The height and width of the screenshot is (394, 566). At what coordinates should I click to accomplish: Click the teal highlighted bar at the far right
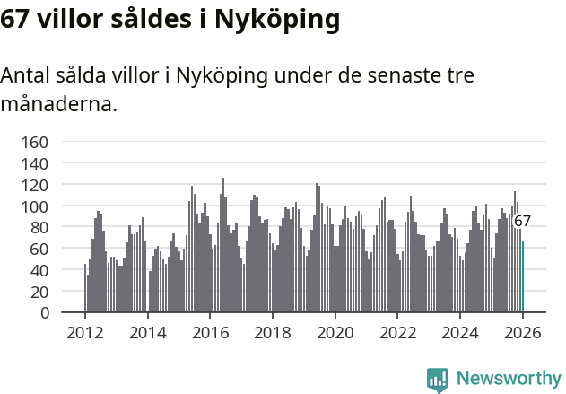523,276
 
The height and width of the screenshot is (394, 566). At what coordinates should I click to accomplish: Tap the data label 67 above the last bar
522,221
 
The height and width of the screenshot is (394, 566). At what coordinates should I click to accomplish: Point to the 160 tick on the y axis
34,142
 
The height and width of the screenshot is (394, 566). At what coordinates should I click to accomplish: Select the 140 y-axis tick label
34,163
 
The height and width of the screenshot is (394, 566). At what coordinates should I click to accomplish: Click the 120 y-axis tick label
34,185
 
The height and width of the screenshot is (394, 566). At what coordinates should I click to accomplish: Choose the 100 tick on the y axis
34,206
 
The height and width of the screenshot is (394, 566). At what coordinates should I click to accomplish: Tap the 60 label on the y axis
39,249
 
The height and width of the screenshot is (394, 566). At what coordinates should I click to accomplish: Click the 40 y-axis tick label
39,270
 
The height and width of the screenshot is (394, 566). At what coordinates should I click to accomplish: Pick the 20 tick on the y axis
39,292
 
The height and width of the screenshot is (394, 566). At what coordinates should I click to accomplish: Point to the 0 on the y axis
43,313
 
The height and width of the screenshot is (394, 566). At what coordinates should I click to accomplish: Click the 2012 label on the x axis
85,333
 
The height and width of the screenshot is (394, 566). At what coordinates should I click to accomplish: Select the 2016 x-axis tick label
210,333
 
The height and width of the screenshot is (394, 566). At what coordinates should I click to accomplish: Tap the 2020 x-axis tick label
335,333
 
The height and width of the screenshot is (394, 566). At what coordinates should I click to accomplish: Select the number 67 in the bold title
16,19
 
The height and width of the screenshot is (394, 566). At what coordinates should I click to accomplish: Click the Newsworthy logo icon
438,379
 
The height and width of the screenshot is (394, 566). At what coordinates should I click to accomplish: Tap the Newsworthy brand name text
508,379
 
